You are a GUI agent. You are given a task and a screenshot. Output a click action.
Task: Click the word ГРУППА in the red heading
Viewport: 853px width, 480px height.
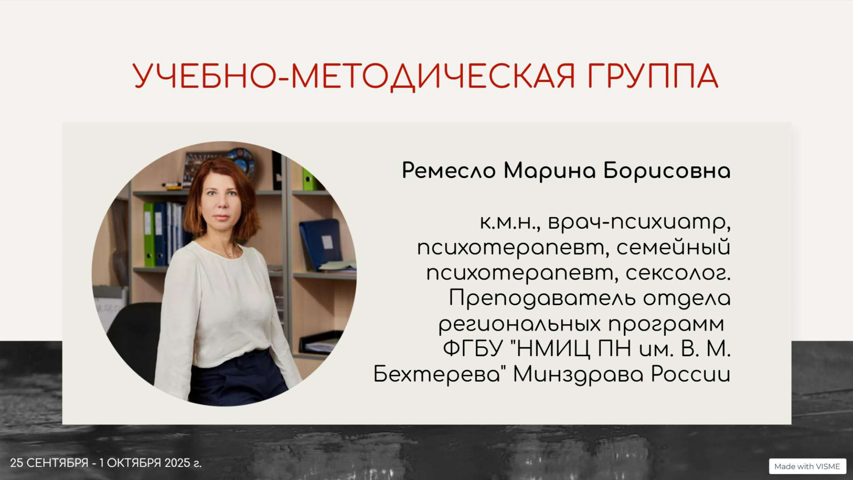click(653, 76)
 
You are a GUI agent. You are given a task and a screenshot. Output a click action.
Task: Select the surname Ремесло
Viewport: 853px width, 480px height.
click(449, 171)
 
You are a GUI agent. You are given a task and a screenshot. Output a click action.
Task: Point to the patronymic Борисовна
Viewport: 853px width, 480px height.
click(667, 171)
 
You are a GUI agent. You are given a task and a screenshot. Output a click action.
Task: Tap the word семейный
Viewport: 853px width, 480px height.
click(673, 247)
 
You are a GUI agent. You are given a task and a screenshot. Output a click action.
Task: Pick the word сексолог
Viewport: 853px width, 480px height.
click(678, 273)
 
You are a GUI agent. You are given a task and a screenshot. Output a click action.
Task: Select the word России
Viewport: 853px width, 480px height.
click(691, 374)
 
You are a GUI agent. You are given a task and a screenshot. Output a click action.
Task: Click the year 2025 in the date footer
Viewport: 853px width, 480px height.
click(177, 463)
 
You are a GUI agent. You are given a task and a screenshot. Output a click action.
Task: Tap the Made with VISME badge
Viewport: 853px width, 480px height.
click(807, 466)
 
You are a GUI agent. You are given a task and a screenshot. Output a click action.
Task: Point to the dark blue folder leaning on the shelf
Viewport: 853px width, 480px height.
click(321, 244)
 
